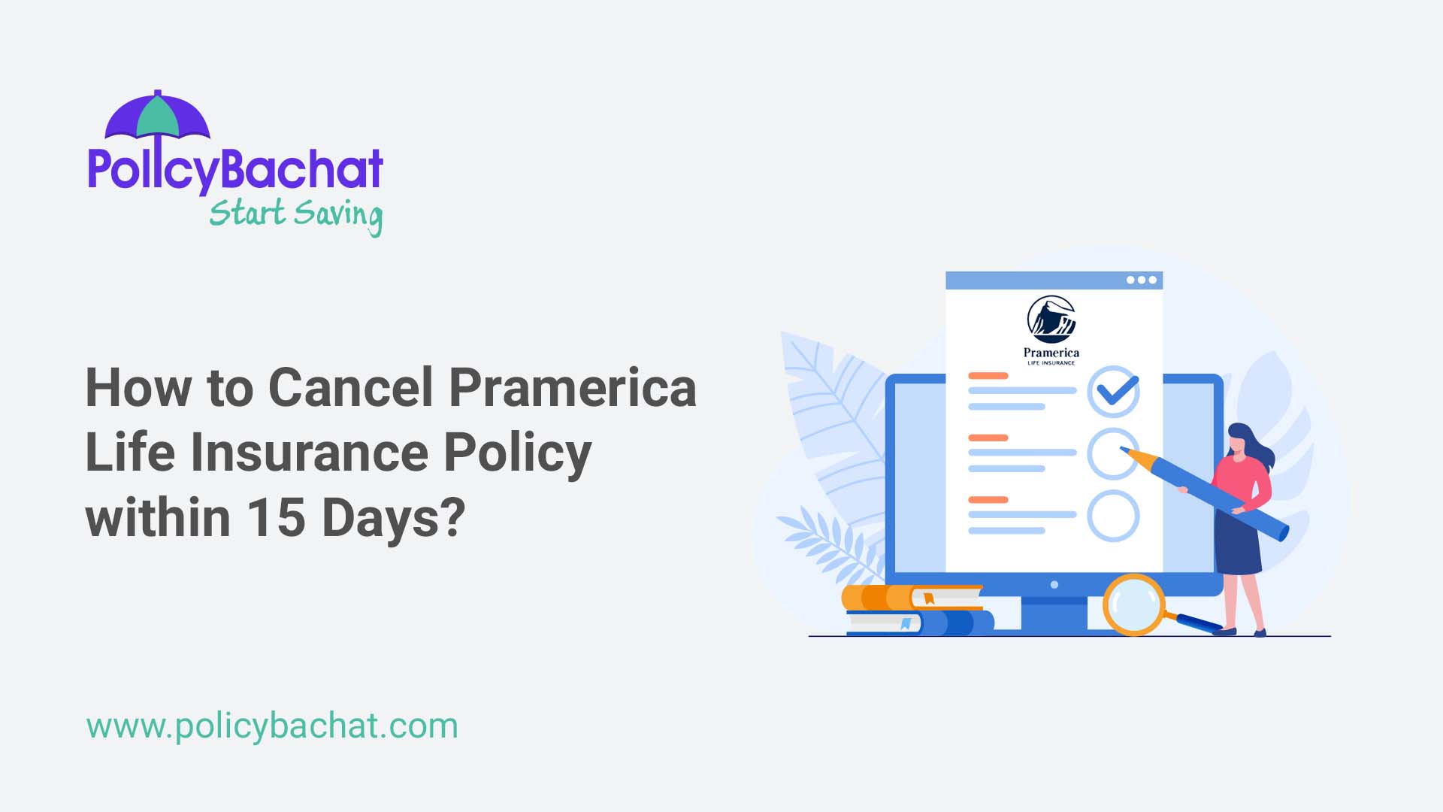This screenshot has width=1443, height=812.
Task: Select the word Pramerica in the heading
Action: pyautogui.click(x=572, y=388)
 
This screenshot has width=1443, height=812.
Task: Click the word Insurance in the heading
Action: pyautogui.click(x=309, y=453)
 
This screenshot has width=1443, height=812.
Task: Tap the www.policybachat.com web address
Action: pyautogui.click(x=271, y=726)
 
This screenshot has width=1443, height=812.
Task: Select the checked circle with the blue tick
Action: pyautogui.click(x=1113, y=391)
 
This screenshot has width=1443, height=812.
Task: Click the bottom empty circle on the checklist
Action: pyautogui.click(x=1113, y=516)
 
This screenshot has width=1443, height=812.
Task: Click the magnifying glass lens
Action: pyautogui.click(x=1133, y=604)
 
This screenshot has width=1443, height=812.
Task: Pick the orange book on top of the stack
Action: pyautogui.click(x=912, y=598)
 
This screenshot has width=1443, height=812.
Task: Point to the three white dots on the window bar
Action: pyautogui.click(x=1141, y=280)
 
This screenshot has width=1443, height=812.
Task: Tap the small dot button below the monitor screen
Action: pyautogui.click(x=1054, y=585)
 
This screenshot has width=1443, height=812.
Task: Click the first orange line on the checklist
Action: pyautogui.click(x=988, y=375)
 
